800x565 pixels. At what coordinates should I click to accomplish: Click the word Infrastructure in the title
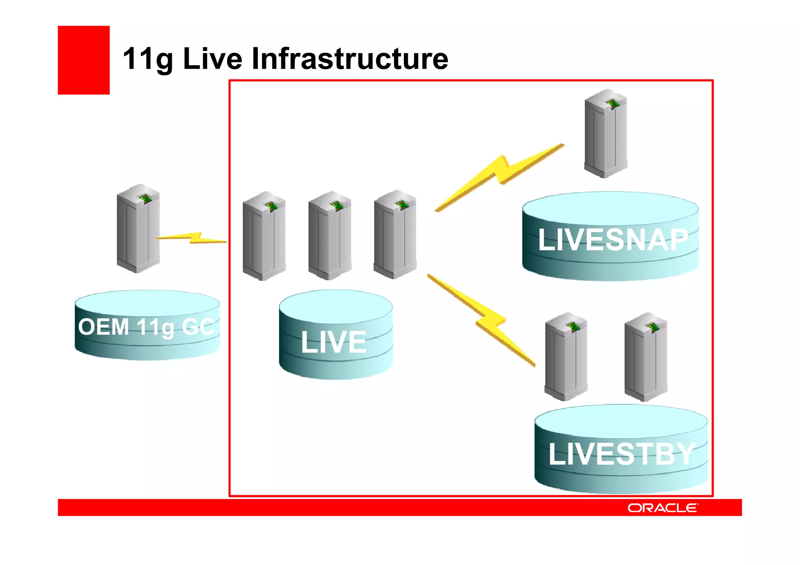(350, 59)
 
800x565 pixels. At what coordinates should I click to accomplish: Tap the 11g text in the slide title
(148, 59)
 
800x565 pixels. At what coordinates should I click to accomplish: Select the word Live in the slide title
(212, 59)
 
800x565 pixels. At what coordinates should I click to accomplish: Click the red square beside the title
(84, 60)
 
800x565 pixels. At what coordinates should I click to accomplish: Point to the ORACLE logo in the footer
(662, 508)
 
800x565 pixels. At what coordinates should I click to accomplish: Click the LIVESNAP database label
(612, 239)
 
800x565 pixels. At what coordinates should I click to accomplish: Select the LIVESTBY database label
(621, 454)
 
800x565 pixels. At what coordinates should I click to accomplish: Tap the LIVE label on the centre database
(334, 342)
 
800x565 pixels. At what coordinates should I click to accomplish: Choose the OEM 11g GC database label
(146, 327)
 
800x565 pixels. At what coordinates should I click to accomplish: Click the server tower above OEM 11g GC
(138, 228)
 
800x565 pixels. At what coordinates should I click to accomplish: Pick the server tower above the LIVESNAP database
(605, 134)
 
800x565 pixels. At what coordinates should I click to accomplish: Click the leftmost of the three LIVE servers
(264, 236)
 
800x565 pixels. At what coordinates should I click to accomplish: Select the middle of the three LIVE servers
(329, 235)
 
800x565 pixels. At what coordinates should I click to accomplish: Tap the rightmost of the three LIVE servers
(395, 234)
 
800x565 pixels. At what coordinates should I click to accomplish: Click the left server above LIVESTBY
(566, 357)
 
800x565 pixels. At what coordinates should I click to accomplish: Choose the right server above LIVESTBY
(645, 357)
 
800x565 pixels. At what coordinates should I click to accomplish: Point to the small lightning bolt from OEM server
(191, 238)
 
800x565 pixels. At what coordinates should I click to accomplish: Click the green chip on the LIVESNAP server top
(612, 103)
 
